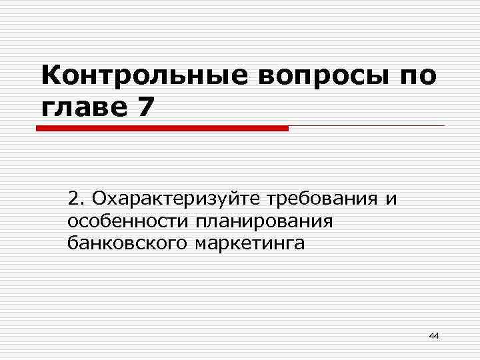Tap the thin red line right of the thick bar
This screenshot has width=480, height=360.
coord(367,125)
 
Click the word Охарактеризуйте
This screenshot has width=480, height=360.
coord(176,199)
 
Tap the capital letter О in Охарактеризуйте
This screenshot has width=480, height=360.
coord(99,199)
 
